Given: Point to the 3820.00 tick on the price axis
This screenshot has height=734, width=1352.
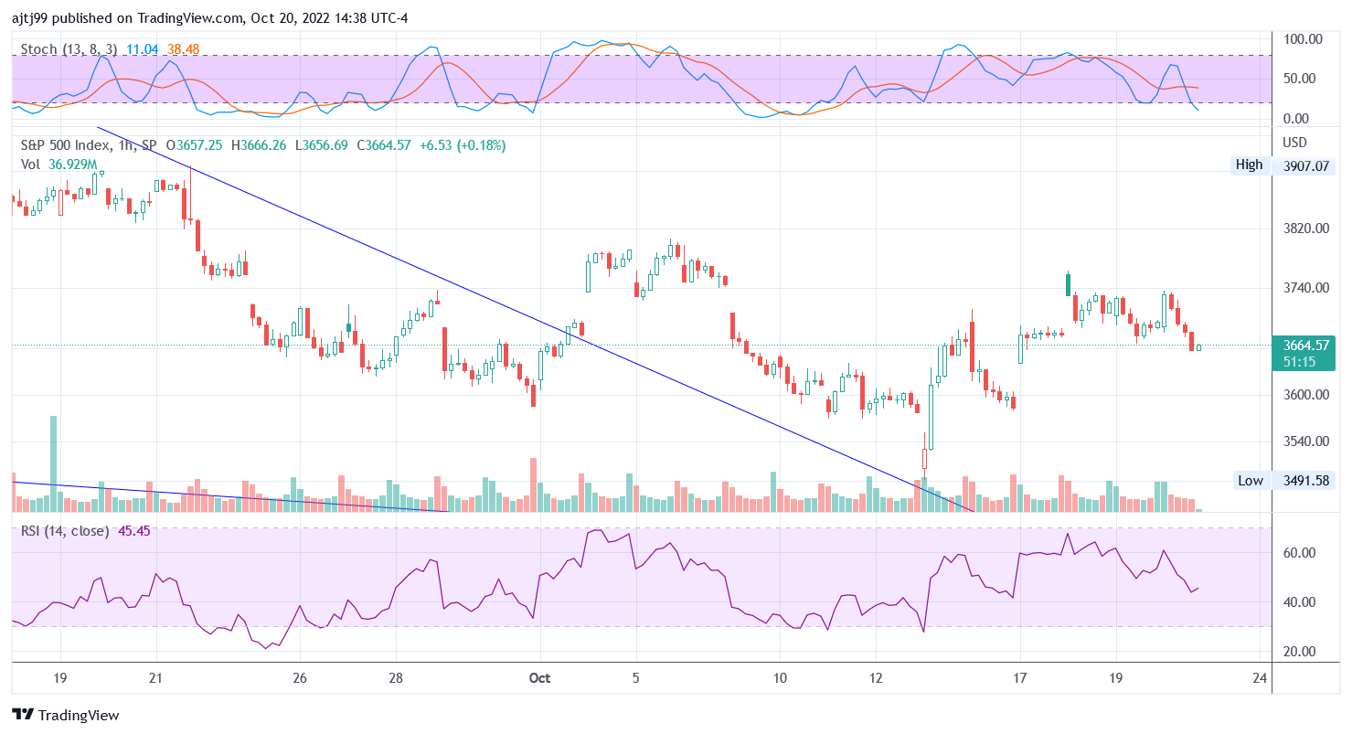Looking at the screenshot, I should tap(1304, 228).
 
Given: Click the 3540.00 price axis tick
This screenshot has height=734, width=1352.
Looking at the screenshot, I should tap(1304, 441).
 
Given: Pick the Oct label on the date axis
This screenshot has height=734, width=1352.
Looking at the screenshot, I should tap(540, 678).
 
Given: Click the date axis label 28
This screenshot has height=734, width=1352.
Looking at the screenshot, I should tap(395, 678).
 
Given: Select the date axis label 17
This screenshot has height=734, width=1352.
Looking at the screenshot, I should tap(1020, 678).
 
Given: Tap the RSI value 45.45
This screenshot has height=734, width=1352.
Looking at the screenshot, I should tap(134, 531).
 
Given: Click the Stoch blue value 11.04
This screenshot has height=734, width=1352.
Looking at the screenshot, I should tap(142, 48).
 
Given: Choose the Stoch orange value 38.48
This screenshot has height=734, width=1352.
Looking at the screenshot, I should tap(183, 48).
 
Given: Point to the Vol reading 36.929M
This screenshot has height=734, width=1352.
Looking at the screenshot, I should tap(72, 164).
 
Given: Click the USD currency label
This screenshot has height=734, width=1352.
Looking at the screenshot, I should tap(1295, 143).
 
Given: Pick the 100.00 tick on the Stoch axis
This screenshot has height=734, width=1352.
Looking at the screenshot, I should tap(1303, 39).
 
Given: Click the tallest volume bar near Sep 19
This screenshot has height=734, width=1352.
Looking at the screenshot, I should tap(53, 463).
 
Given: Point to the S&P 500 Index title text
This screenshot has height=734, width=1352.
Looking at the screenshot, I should tap(63, 145).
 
